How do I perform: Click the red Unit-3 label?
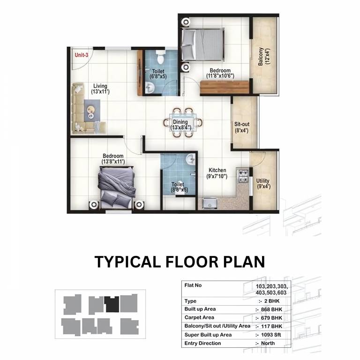(82, 55)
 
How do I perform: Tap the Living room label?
(100, 86)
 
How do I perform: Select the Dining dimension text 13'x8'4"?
(180, 127)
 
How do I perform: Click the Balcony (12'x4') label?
(264, 56)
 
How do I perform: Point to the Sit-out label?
(242, 124)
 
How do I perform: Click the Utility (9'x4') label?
(263, 184)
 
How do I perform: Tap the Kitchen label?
(217, 170)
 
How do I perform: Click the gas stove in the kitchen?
(243, 176)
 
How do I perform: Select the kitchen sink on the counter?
(210, 203)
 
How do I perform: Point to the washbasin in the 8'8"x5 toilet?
(190, 159)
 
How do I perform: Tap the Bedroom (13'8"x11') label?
(113, 159)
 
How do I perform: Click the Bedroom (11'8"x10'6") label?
(220, 73)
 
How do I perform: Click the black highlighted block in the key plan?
(112, 304)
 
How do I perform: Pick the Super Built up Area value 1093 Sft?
(271, 335)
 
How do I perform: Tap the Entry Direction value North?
(268, 343)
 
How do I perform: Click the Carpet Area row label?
(199, 317)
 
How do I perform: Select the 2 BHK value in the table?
(272, 301)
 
